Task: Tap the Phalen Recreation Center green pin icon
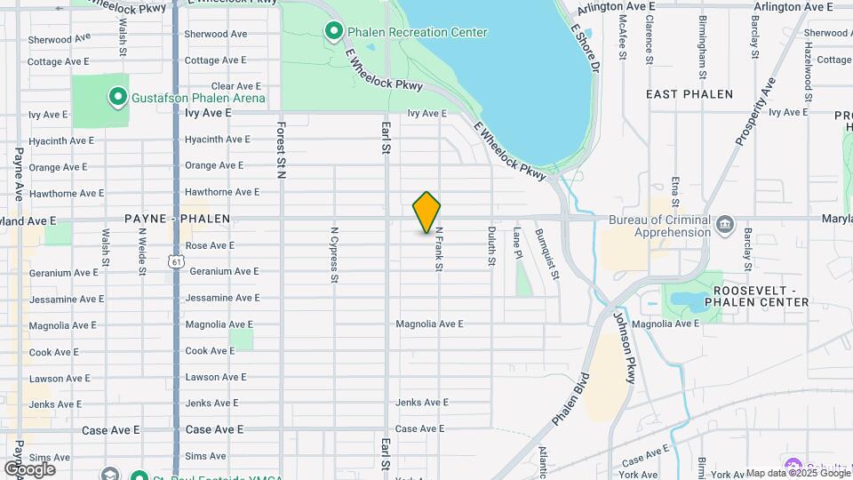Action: coord(334,33)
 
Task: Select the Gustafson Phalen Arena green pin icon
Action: coord(117,96)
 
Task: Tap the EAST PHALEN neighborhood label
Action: coord(690,94)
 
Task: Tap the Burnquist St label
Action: coord(547,253)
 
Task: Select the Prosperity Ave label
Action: coord(755,112)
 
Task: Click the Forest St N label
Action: coord(281,150)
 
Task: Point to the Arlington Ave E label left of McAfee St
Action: coord(616,6)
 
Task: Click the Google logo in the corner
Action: coord(29,468)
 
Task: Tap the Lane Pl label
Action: coord(517,243)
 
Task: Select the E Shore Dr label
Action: coord(586,48)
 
